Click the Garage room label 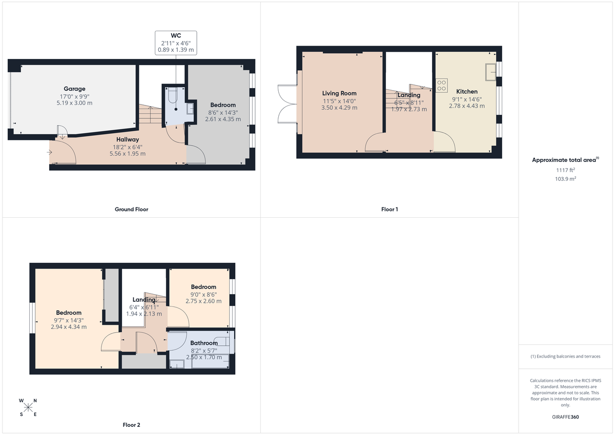point(74,89)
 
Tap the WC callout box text point(176,43)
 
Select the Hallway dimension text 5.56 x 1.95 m point(127,154)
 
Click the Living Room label point(339,93)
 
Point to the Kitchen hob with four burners point(441,85)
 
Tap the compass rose point(28,407)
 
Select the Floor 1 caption point(389,209)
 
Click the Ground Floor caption point(132,209)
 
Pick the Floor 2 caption point(131,425)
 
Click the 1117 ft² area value point(565,170)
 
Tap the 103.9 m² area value point(565,179)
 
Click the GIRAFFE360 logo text point(565,417)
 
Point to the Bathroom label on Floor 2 point(204,343)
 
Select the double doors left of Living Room point(286,103)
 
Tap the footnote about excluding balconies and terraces point(565,356)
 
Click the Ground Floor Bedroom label point(222,105)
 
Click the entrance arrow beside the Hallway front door point(53,151)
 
